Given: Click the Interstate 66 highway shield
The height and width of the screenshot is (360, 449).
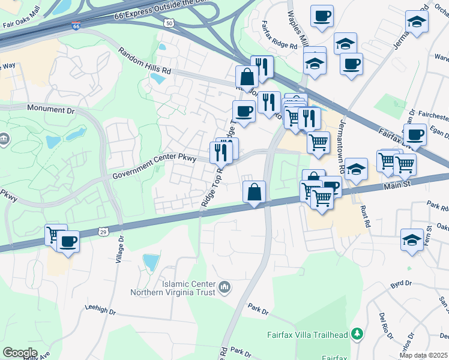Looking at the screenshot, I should [76, 26].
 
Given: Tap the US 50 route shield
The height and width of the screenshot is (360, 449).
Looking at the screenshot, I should [170, 23].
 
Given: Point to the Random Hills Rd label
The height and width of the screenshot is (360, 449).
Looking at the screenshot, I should [144, 61].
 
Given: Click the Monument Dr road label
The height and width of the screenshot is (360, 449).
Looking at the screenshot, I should [51, 110].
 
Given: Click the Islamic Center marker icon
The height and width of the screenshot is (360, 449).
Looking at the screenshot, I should [224, 289].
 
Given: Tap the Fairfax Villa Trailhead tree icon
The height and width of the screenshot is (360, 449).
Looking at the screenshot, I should [357, 332].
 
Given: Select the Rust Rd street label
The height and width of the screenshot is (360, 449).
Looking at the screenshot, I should [365, 217].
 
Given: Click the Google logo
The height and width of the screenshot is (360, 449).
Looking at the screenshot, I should [20, 353].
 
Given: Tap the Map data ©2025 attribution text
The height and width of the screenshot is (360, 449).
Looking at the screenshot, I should [423, 355].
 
